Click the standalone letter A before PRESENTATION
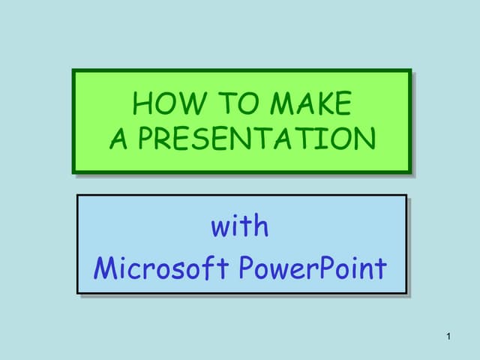pyautogui.click(x=119, y=139)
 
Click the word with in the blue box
pyautogui.click(x=240, y=226)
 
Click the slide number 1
pyautogui.click(x=448, y=336)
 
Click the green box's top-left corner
pyautogui.click(x=73, y=70)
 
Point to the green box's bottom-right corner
pyautogui.click(x=411, y=173)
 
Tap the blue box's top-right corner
pyautogui.click(x=406, y=195)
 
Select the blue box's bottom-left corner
pyautogui.click(x=77, y=293)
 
